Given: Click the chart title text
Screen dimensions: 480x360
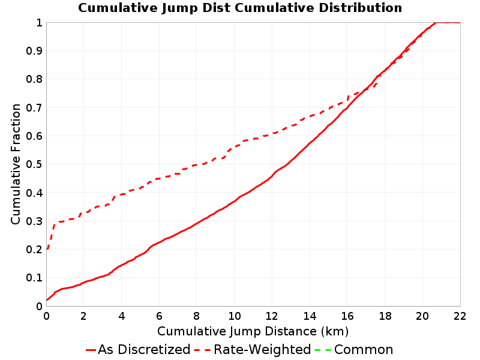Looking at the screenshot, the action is pos(240,8).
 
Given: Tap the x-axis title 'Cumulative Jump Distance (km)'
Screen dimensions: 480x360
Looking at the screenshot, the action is pos(253,332).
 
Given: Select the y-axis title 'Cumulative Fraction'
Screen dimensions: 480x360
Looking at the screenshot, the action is pos(16,164).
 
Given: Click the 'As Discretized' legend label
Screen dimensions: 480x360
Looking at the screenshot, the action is pos(144,350).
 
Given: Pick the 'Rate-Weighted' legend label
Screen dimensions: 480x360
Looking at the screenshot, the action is pos(262,350).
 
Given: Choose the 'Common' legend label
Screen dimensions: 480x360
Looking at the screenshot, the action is pos(364,350).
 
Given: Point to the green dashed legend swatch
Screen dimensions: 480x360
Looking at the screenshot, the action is pos(323,350).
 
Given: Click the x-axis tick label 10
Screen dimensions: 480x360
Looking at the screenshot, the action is pos(234,316).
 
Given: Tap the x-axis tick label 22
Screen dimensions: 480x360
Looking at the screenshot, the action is pos(460,316).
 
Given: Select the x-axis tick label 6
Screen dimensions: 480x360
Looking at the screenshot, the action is pos(159,316).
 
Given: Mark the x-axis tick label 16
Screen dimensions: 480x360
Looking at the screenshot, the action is pos(347,316).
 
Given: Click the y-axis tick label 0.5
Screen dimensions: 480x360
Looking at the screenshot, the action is pos(34,164).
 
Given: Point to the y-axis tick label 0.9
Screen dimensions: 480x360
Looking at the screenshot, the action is pos(34,51).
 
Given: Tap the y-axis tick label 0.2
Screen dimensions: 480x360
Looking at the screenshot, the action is pos(34,250).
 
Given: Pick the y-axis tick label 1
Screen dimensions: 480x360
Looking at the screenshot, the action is pos(39,23).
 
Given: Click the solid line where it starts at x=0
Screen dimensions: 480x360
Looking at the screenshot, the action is pos(47,300).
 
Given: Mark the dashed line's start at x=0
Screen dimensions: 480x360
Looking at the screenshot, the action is pos(47,249).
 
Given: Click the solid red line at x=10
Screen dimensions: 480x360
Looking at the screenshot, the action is pos(234,201).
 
